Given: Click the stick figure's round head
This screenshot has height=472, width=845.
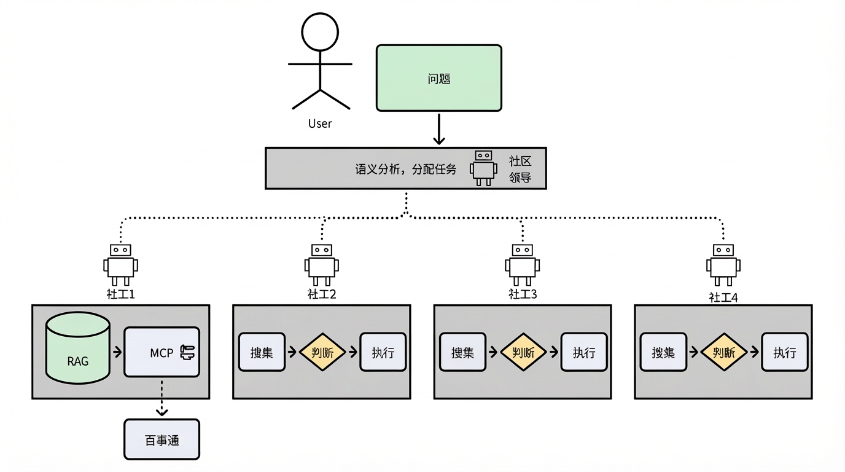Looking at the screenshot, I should tap(320, 32).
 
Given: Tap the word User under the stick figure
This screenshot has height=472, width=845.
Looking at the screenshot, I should tap(320, 124).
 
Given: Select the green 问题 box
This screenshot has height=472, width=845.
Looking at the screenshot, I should tap(438, 78).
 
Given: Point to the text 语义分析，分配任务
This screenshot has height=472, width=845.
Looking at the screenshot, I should tap(406, 169).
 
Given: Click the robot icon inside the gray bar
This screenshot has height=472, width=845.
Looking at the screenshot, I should tap(484, 167).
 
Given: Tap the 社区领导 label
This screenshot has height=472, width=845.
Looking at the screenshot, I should tap(520, 169).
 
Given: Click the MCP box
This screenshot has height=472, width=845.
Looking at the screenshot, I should tap(162, 352).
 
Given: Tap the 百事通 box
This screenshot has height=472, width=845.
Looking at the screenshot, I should tap(162, 439).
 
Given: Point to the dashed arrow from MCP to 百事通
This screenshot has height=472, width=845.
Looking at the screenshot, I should tap(162, 398).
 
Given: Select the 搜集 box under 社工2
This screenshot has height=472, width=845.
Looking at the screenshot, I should tap(262, 352).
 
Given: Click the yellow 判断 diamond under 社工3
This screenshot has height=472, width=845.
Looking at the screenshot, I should tap(523, 352).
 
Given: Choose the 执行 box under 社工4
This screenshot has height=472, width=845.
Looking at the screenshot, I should tap(784, 352).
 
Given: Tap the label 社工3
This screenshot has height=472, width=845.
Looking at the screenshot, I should tap(523, 294).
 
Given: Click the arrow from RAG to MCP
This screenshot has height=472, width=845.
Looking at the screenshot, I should tap(117, 352).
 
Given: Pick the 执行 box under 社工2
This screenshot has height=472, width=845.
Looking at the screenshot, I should tap(383, 352).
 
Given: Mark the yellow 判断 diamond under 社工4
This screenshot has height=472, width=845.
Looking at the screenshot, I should tap(724, 352).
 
